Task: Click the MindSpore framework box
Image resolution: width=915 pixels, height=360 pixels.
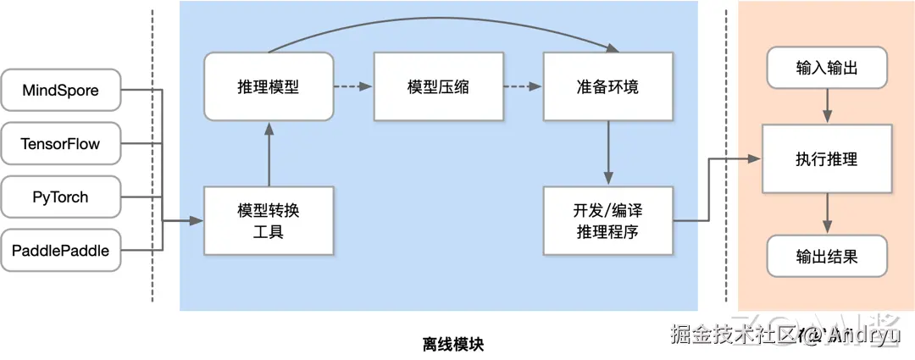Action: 60,90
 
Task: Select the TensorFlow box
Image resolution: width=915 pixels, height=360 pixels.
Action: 60,144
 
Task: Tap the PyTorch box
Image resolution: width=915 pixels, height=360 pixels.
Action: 60,197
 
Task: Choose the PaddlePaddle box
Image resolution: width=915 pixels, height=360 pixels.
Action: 60,250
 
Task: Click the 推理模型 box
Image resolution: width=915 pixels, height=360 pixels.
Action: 269,86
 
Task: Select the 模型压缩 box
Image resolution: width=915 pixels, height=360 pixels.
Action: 438,86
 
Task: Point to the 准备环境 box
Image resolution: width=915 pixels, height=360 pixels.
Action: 607,86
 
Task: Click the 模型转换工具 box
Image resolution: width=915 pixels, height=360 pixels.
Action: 269,220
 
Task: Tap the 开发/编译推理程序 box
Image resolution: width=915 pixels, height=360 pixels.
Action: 607,220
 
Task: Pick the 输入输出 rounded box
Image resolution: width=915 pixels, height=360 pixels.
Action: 827,68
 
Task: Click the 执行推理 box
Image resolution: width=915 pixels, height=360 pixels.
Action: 827,158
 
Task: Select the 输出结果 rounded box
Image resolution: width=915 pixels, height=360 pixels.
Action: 827,256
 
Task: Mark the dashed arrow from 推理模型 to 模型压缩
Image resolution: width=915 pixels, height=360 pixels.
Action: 353,86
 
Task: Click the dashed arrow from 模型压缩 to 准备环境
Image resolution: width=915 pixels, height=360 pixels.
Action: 523,86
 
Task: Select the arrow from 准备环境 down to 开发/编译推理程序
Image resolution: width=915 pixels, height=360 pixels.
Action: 607,152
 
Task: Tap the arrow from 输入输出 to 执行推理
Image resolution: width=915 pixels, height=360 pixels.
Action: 827,106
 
